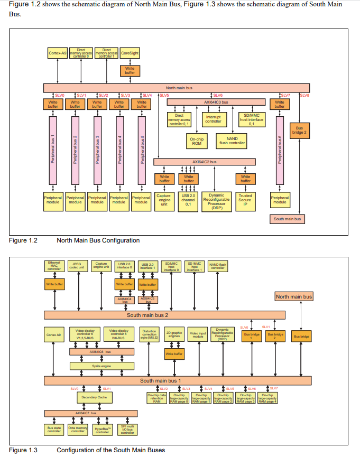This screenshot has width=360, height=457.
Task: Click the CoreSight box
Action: (130, 53)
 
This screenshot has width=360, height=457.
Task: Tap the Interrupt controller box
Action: (213, 119)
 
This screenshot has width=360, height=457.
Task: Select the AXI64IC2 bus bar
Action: (204, 162)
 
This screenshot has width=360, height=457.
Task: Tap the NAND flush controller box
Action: (232, 141)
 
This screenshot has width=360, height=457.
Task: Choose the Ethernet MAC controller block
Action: (54, 266)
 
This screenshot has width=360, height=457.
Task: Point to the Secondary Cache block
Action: (94, 397)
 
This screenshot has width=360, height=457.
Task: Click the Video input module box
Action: (198, 334)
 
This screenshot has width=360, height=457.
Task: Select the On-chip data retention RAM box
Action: (156, 398)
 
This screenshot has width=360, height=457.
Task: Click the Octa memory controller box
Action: (78, 430)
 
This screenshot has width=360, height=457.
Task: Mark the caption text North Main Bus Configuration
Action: (98, 240)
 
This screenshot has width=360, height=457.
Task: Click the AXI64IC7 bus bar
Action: (85, 413)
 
